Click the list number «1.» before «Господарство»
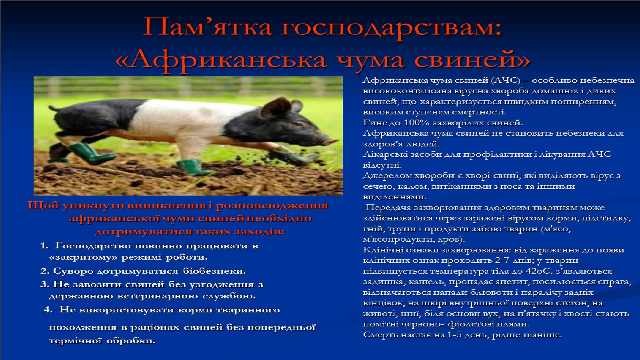point(44,246)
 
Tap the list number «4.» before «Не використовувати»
point(48,310)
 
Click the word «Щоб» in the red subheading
point(43,206)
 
